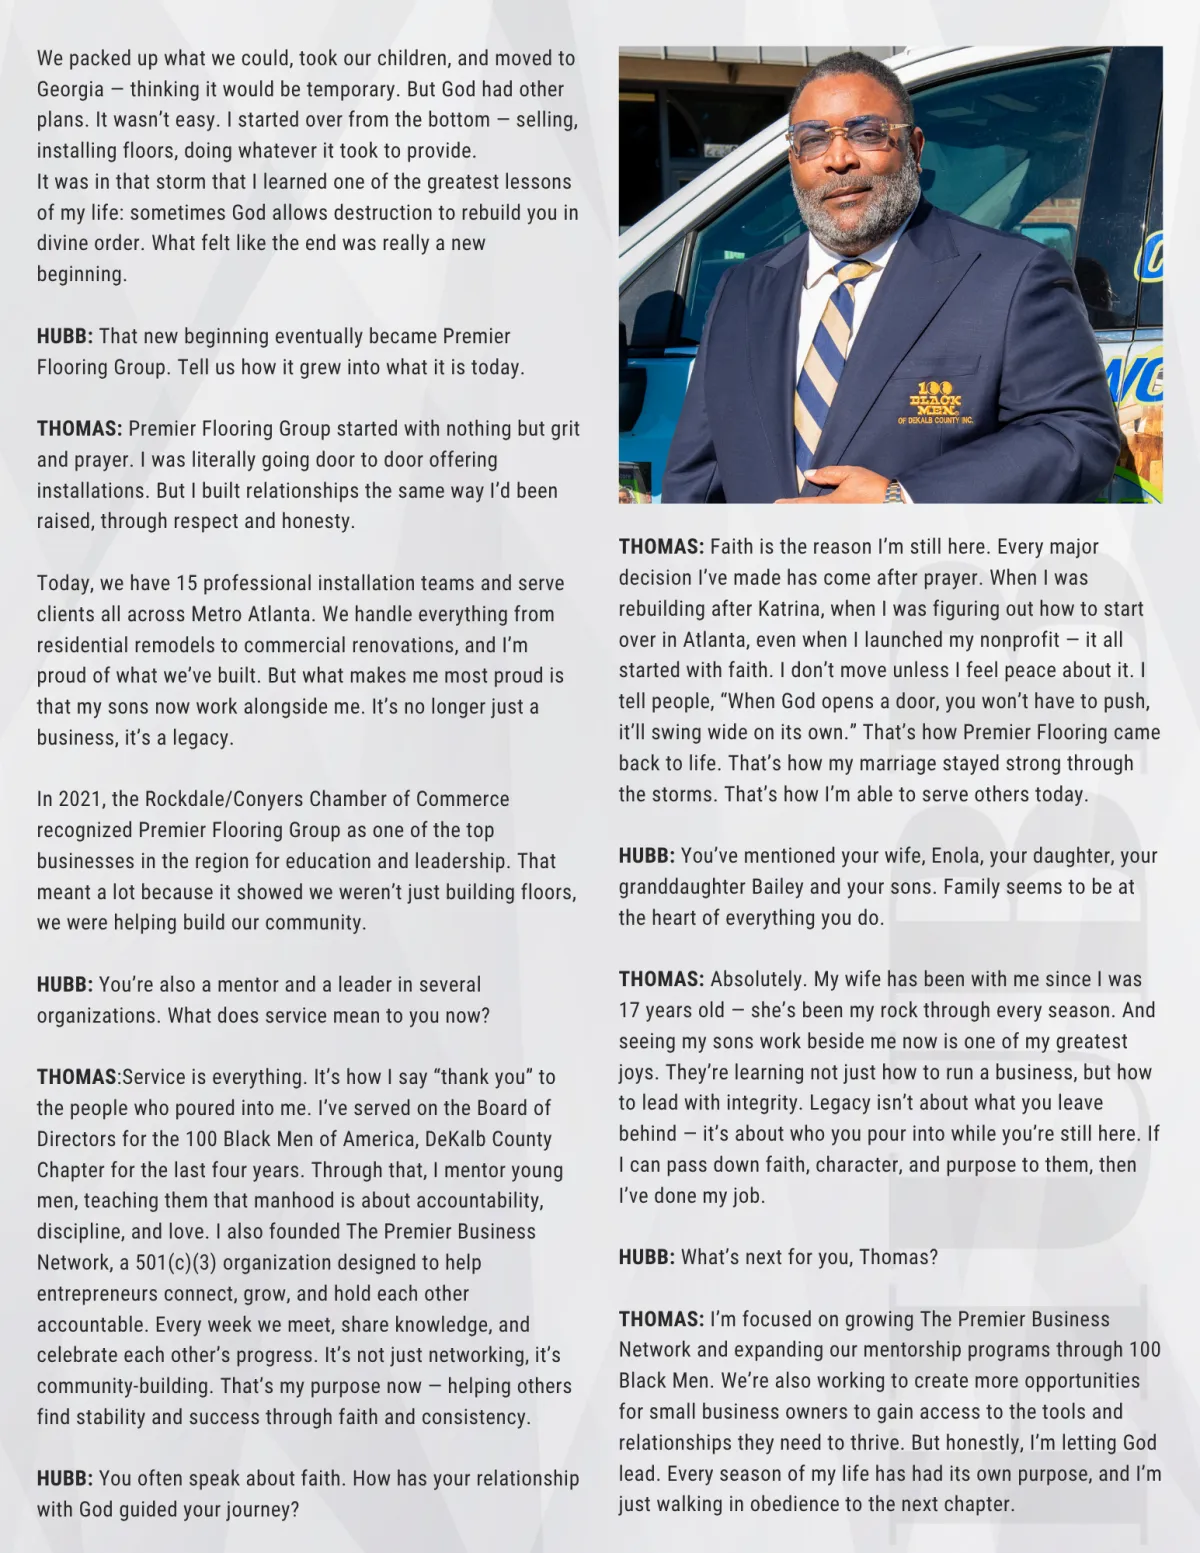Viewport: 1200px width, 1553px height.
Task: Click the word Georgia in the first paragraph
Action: coord(70,89)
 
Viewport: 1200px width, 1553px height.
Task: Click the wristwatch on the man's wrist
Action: coord(893,492)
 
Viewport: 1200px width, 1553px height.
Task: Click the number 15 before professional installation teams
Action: coord(187,583)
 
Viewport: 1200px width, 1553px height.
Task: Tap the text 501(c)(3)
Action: coord(176,1262)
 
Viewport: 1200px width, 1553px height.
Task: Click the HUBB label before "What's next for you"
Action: coord(646,1257)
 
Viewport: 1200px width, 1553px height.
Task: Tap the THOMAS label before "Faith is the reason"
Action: coord(661,547)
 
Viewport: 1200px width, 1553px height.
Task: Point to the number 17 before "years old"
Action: coord(630,1010)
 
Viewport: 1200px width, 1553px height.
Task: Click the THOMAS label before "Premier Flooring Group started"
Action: coord(79,429)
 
